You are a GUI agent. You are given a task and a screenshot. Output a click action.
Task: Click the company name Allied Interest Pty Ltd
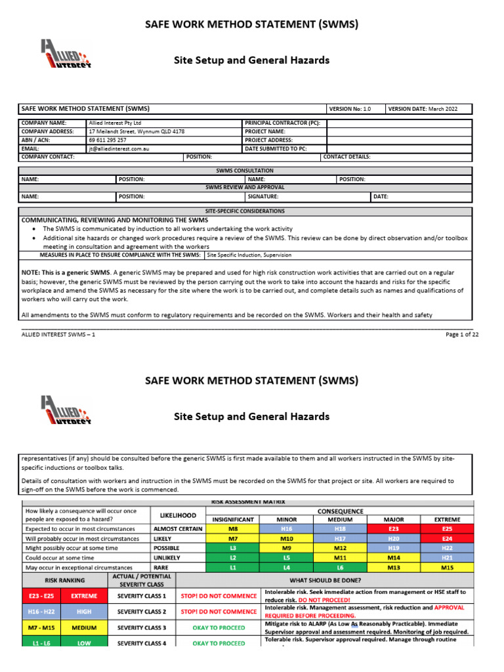(x=115, y=123)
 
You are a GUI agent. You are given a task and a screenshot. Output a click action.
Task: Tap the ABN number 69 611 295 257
(x=108, y=140)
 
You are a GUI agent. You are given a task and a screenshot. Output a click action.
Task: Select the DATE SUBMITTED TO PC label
(x=276, y=148)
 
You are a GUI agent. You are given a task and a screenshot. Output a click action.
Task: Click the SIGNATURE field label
(x=262, y=196)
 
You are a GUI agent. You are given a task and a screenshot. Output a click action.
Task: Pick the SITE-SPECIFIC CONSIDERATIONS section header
(x=245, y=211)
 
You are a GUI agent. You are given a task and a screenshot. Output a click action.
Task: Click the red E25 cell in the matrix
(x=447, y=528)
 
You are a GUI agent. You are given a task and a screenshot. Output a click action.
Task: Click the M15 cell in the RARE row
(x=447, y=567)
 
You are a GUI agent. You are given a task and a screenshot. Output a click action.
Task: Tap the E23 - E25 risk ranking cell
(x=41, y=597)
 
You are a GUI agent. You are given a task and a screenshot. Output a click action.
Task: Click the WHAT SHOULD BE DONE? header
(x=324, y=580)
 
